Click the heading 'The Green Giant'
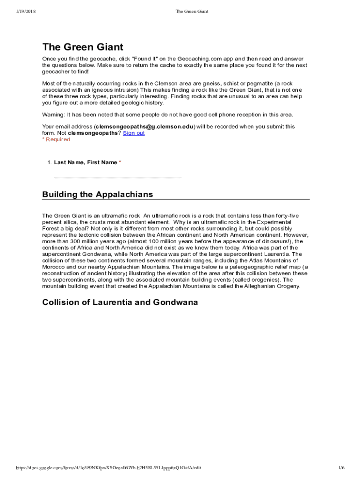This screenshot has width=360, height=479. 83,47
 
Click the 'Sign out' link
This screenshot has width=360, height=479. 134,133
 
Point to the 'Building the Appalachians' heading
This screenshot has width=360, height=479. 97,194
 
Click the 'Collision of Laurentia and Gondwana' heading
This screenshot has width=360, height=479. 120,302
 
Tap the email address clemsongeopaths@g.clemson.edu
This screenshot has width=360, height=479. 144,126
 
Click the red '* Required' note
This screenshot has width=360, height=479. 56,139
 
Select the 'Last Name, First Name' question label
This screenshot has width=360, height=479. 86,162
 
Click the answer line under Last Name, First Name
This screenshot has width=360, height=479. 118,177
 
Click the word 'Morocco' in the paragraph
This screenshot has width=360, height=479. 53,267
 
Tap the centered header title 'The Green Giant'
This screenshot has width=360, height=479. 192,11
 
